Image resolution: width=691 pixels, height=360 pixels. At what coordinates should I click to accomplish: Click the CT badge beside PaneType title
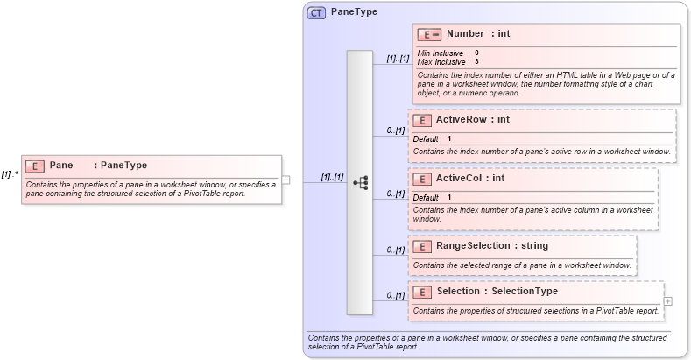click(316, 13)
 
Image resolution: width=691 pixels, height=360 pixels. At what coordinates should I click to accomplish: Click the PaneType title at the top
click(354, 13)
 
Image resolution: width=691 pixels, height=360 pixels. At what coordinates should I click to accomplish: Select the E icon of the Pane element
click(35, 166)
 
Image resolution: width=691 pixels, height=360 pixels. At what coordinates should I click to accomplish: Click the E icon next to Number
click(429, 34)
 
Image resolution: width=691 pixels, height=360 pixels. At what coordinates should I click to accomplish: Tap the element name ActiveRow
click(461, 119)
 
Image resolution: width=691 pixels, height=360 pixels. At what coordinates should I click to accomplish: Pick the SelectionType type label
click(523, 291)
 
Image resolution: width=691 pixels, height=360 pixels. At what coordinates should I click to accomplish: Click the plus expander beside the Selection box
click(668, 301)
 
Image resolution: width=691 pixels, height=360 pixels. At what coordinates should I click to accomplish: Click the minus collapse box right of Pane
click(286, 180)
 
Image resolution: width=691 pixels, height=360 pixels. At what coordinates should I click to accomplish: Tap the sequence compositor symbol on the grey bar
click(360, 182)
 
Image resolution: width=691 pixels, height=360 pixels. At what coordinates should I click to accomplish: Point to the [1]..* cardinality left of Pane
click(10, 174)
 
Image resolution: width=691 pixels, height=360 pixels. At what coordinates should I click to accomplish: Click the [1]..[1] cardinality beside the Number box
click(398, 59)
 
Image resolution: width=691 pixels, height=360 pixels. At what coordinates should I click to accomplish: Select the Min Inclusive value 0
click(476, 53)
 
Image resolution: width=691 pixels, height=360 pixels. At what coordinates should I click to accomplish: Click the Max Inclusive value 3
click(476, 62)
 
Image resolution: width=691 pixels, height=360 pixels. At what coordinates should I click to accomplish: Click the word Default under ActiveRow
click(426, 138)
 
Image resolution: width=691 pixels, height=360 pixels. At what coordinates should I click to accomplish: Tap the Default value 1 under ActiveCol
click(449, 197)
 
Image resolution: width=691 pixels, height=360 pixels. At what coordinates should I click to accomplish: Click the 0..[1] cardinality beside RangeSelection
click(396, 251)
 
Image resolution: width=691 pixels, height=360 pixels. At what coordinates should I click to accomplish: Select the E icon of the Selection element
click(421, 292)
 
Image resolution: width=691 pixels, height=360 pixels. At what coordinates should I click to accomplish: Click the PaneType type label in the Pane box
click(123, 166)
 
